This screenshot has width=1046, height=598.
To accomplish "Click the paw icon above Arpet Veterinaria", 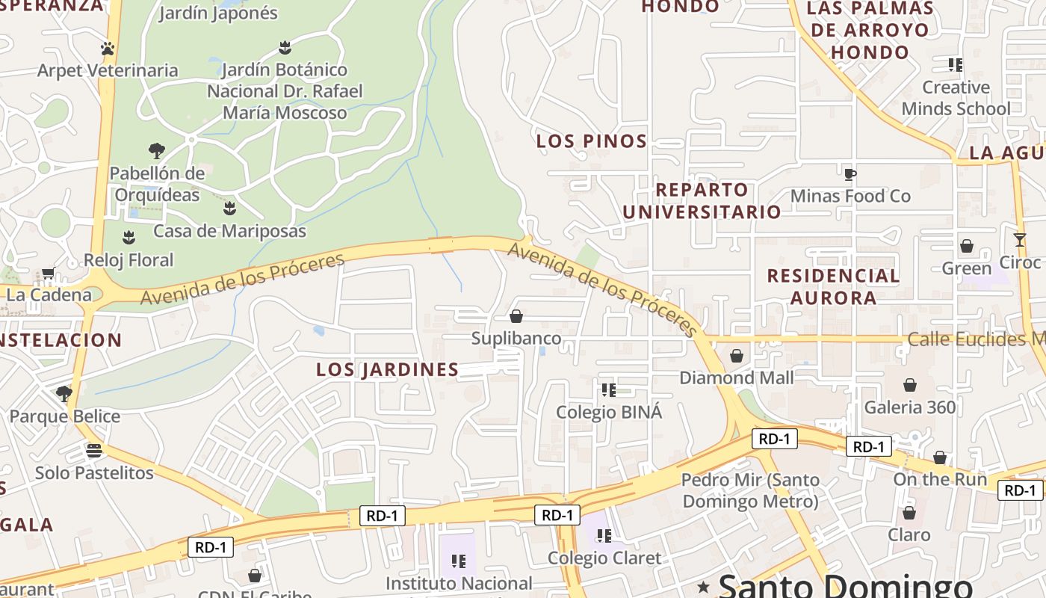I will (x=108, y=49).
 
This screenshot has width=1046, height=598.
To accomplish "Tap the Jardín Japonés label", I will (x=218, y=13).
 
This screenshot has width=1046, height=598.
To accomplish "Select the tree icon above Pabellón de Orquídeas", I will (x=156, y=151).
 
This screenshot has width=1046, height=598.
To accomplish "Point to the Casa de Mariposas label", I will (x=229, y=231).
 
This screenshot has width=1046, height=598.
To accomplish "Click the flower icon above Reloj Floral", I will (x=129, y=238).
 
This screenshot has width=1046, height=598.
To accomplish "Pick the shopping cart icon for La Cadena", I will (x=49, y=274).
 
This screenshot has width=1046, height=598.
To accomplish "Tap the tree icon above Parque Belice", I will (x=64, y=393).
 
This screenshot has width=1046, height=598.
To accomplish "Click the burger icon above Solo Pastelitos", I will (x=94, y=451).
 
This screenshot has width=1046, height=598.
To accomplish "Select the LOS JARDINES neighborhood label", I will (x=387, y=369).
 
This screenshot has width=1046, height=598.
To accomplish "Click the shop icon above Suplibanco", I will (x=516, y=316).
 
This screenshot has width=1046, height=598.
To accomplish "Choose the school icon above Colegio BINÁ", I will (x=609, y=389).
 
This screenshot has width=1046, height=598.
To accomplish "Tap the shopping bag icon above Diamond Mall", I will (x=737, y=356).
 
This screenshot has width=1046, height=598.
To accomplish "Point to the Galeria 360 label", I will (x=909, y=407).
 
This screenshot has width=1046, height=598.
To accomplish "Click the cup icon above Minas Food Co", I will (x=850, y=175).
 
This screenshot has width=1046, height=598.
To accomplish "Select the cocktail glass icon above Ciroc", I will (x=1020, y=240).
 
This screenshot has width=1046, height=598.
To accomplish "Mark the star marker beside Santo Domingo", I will (x=703, y=587).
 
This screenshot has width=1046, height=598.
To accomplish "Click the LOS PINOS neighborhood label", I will (x=591, y=141).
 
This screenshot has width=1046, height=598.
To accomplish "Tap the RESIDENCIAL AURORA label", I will (x=833, y=287).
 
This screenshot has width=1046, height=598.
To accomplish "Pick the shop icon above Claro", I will (x=909, y=513).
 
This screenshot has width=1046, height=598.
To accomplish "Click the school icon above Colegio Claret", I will (x=604, y=535).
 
